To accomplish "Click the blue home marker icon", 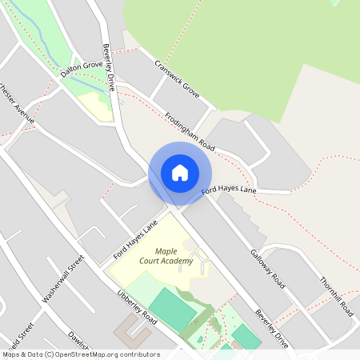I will (180, 173).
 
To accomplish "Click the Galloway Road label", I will (267, 267).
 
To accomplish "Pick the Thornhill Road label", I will (336, 297).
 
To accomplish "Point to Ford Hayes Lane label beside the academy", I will (133, 242).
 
